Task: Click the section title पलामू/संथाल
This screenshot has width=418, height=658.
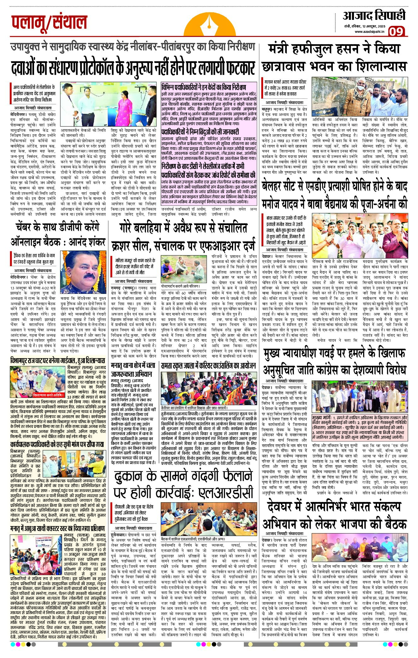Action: pos(49,23)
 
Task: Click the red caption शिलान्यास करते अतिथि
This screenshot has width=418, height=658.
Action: pos(48,395)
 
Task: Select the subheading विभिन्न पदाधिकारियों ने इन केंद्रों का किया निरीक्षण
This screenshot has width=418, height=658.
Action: pos(204,87)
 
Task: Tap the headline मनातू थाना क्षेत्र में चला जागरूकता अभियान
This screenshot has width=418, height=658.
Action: pos(133,370)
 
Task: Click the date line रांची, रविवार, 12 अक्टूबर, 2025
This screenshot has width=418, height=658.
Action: pos(365,26)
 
